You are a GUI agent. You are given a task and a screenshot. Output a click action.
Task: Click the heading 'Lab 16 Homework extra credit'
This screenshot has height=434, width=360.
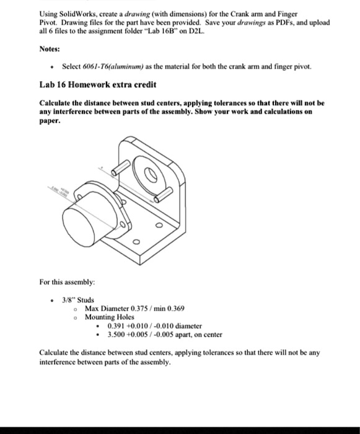click(x=89, y=84)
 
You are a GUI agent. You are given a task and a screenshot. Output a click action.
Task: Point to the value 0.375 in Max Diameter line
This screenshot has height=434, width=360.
click(x=141, y=308)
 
